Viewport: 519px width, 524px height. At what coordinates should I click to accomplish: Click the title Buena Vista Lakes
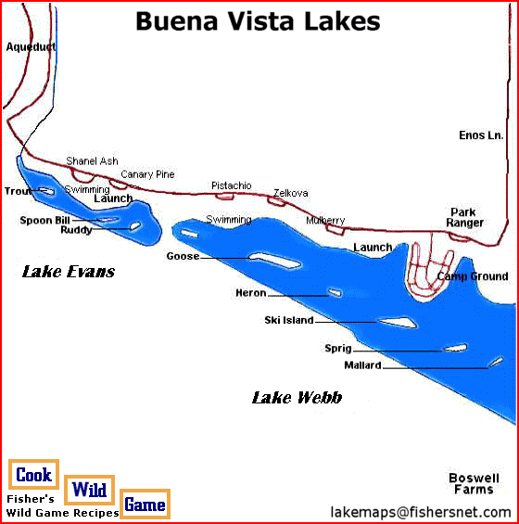click(x=258, y=21)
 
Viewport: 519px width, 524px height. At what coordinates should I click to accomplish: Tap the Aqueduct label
click(x=30, y=46)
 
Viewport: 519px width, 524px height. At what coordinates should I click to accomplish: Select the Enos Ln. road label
click(x=481, y=135)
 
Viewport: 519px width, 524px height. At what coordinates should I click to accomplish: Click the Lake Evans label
click(x=69, y=272)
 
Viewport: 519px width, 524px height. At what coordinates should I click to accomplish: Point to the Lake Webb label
click(x=297, y=398)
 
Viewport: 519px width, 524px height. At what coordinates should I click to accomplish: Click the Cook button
click(x=33, y=475)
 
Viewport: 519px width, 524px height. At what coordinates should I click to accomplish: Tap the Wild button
click(x=90, y=490)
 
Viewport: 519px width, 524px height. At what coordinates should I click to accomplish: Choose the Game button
click(x=145, y=505)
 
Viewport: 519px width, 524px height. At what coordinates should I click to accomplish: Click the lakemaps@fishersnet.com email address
click(x=420, y=511)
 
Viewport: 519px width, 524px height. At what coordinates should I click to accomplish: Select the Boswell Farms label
click(x=474, y=483)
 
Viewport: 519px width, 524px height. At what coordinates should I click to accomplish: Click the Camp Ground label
click(x=473, y=276)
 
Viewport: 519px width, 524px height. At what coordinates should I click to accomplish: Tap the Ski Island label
click(x=289, y=321)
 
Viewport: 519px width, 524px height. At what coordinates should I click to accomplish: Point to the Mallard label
click(x=362, y=365)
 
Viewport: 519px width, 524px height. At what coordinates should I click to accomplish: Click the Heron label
click(x=251, y=293)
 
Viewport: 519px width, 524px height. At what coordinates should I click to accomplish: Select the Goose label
click(x=183, y=256)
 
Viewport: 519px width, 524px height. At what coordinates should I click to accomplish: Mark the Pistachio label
click(x=231, y=185)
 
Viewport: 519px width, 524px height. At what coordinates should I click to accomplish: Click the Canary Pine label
click(x=147, y=174)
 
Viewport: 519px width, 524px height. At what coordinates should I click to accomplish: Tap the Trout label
click(x=18, y=191)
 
